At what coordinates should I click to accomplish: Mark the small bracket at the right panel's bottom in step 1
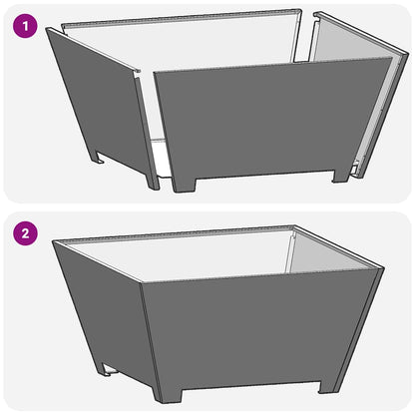(x=356, y=168)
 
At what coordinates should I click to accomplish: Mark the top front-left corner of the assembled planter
(x=142, y=283)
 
